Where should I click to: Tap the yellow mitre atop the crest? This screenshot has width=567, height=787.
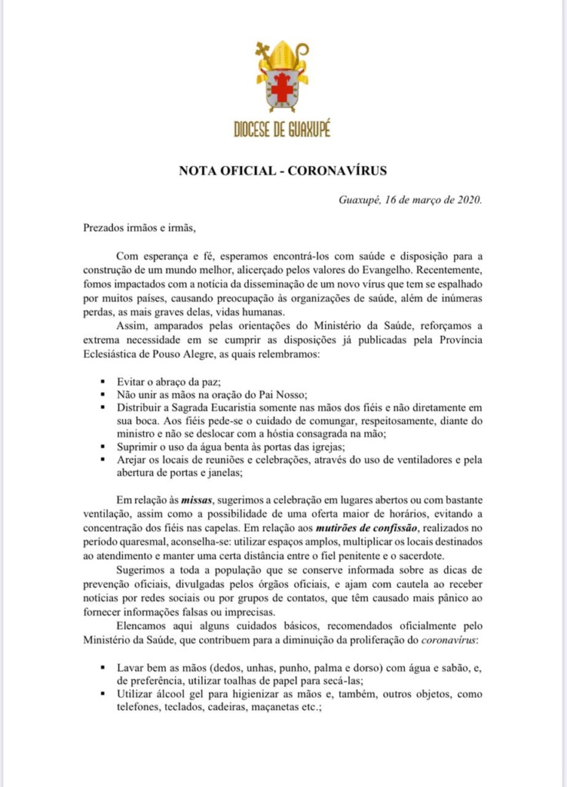click(283, 55)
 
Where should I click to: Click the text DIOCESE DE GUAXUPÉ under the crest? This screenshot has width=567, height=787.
click(283, 129)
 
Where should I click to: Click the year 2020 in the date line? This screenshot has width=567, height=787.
click(466, 201)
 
